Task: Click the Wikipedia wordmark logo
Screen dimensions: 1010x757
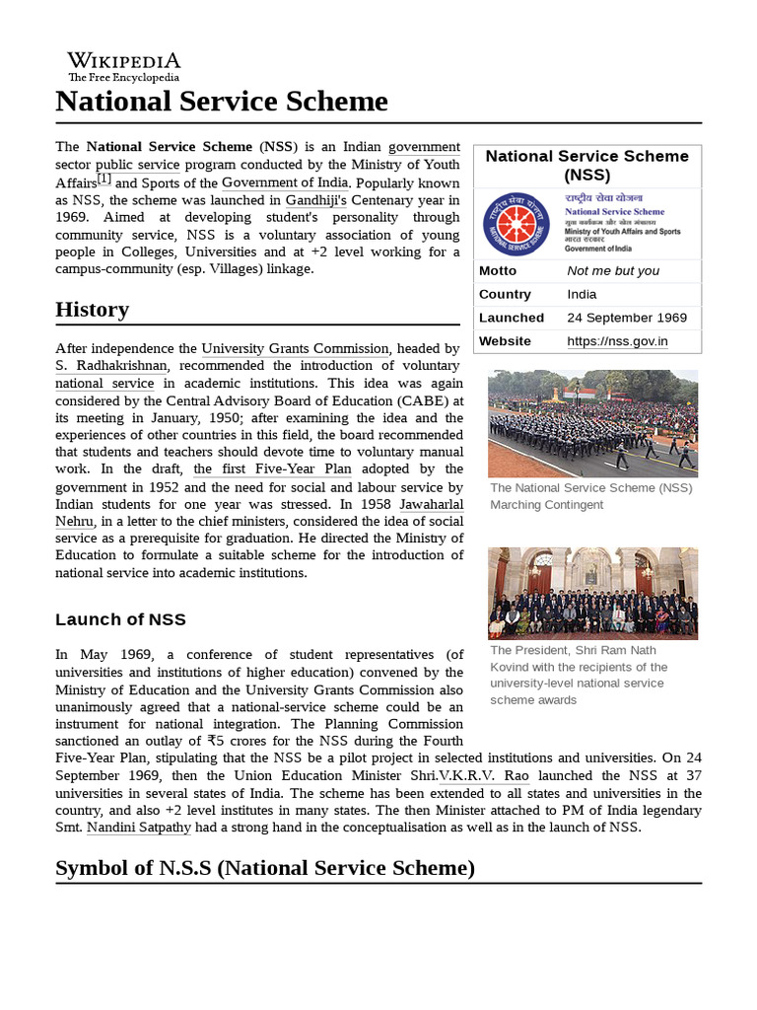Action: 123,65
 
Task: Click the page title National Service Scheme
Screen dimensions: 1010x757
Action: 222,102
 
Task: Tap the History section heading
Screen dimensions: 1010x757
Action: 92,310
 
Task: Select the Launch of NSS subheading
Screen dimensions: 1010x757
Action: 120,619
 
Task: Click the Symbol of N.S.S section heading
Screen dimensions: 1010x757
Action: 265,868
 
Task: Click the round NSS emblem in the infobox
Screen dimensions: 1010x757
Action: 516,224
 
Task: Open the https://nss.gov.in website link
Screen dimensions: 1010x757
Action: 617,341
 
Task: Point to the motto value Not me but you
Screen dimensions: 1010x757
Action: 613,270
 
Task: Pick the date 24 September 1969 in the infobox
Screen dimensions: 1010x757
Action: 627,318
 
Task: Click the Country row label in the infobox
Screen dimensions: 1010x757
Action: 505,294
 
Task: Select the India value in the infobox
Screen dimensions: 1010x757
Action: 582,294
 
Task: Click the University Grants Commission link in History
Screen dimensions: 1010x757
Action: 295,348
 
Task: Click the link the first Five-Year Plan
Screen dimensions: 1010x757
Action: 272,469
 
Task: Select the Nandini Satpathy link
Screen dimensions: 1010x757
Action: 139,828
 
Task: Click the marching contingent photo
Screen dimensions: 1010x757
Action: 592,423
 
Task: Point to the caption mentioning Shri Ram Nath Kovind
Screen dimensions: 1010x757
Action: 579,676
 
